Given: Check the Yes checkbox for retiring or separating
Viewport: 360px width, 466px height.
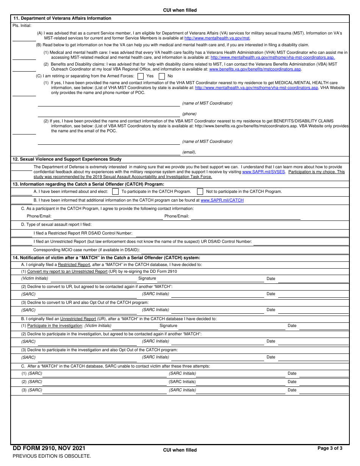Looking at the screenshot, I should (x=141, y=76).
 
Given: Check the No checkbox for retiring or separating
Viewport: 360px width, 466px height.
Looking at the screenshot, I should (x=162, y=76).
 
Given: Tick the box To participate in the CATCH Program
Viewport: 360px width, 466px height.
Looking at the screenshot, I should (x=116, y=192).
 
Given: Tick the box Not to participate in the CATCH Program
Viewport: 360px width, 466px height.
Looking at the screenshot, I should (x=200, y=192).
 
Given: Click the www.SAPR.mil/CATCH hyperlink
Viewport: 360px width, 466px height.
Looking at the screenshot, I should (x=222, y=200).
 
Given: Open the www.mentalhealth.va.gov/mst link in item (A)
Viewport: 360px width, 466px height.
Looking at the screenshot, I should (x=217, y=38).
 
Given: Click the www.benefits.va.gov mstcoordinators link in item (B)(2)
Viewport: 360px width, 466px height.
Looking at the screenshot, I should (x=255, y=69).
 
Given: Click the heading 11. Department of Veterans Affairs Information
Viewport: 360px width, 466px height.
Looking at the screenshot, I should (x=62, y=18).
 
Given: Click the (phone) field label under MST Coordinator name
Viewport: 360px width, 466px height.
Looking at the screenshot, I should (x=189, y=114).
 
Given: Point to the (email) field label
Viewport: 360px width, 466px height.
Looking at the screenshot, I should (x=189, y=152).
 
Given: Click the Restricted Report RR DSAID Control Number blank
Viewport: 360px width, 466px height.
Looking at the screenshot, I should (x=242, y=233).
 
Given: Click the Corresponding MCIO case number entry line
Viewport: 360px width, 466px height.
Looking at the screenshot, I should (x=244, y=250).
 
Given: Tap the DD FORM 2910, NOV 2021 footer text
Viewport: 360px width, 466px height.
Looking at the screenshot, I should (x=49, y=449).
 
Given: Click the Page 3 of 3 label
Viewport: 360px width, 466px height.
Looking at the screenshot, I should (x=330, y=448).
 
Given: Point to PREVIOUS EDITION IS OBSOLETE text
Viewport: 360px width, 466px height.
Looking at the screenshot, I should (x=52, y=456).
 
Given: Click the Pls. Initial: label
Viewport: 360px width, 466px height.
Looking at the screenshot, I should (x=22, y=26).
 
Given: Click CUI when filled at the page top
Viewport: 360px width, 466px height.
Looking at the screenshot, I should (x=180, y=10).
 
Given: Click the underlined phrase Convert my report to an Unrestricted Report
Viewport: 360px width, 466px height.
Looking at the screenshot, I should (x=67, y=272).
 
